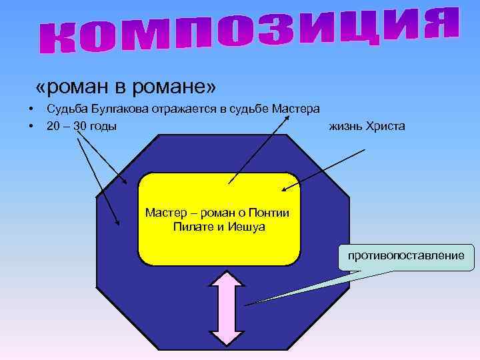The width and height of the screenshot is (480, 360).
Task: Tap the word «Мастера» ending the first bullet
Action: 298,109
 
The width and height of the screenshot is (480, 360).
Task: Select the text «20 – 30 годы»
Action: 81,125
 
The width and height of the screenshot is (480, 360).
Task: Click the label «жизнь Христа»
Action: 366,125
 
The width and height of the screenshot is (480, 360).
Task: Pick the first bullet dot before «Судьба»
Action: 31,109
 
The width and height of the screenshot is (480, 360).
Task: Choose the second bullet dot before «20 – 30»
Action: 31,125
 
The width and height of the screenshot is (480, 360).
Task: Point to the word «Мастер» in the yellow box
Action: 163,213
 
